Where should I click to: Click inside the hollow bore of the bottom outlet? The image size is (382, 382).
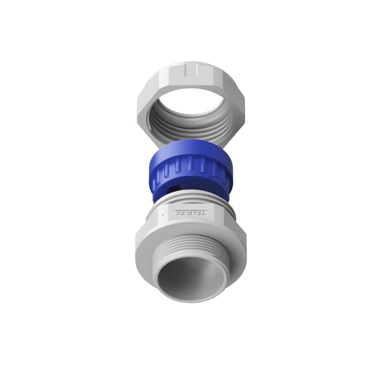[x=191, y=277]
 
